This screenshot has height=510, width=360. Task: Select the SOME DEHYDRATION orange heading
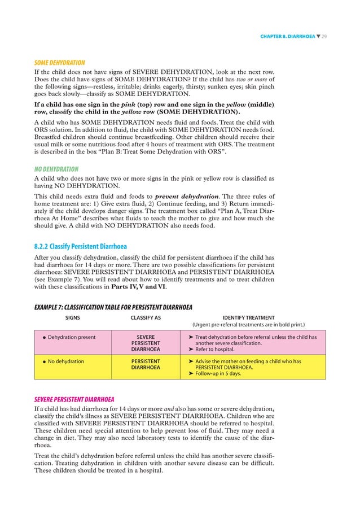click(x=59, y=63)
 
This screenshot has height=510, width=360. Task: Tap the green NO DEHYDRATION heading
click(x=56, y=169)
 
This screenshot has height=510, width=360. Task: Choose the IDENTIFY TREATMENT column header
click(x=249, y=318)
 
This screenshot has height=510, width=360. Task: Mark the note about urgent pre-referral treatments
click(x=249, y=325)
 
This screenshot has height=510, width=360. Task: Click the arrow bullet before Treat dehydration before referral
click(x=191, y=337)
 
